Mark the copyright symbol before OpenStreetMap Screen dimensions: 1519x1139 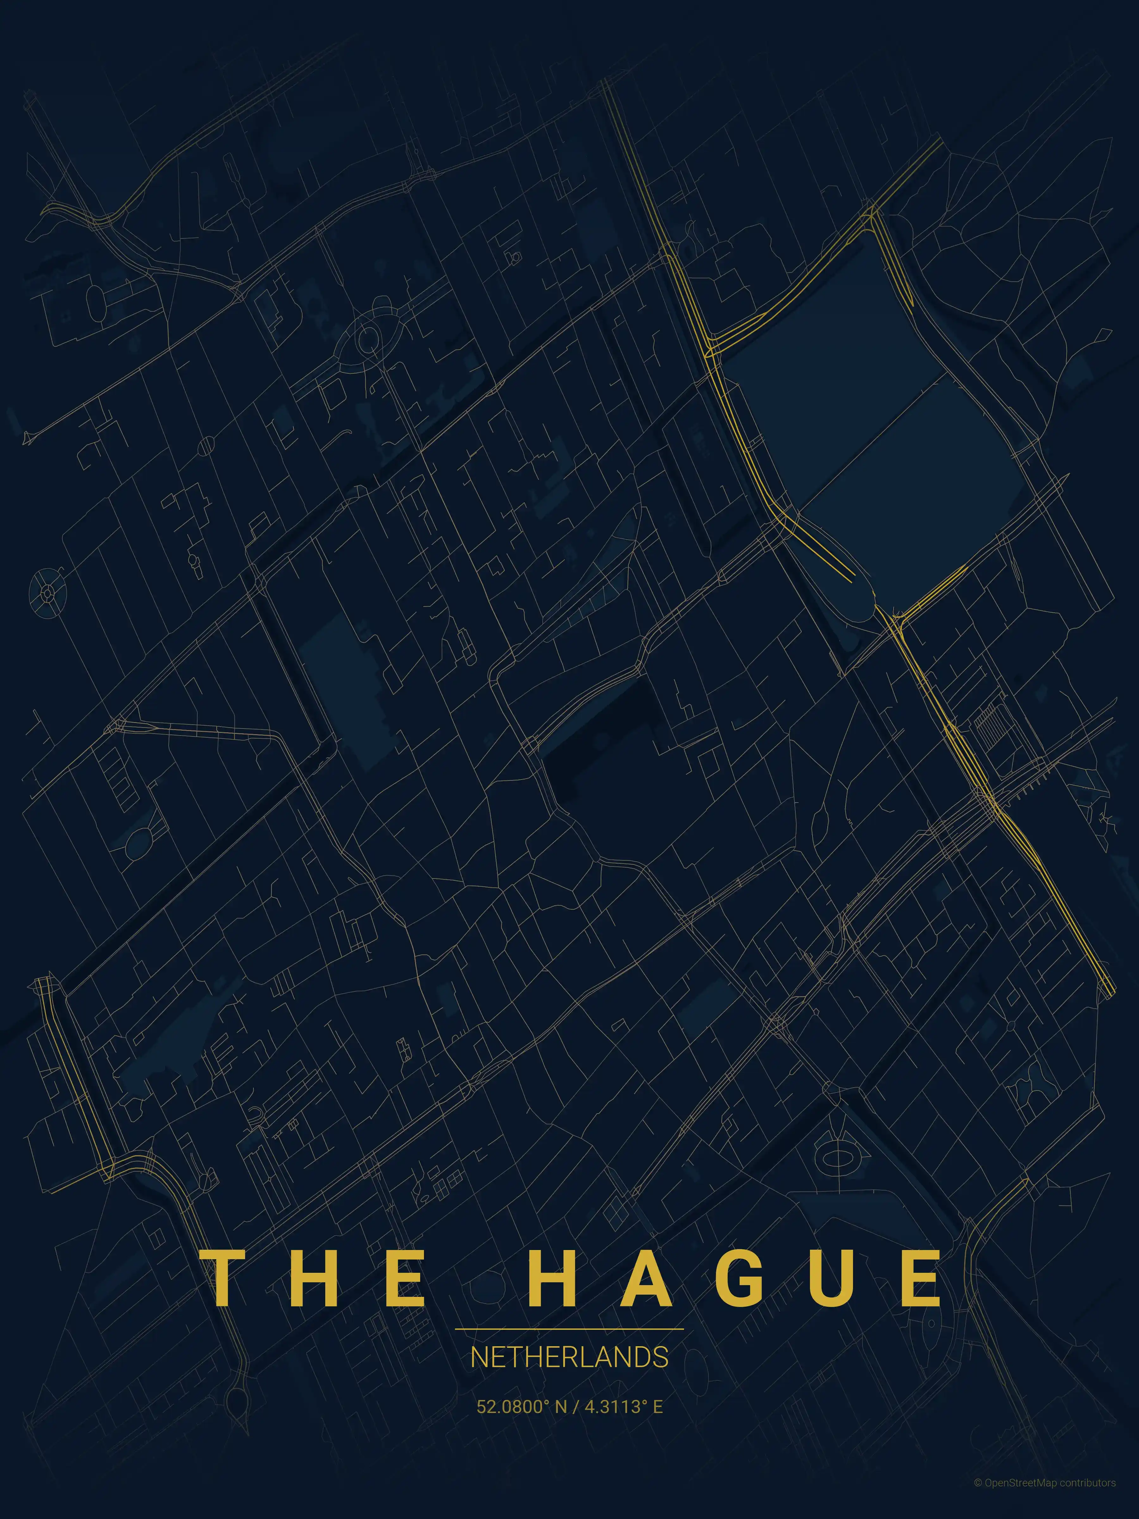point(978,1496)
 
